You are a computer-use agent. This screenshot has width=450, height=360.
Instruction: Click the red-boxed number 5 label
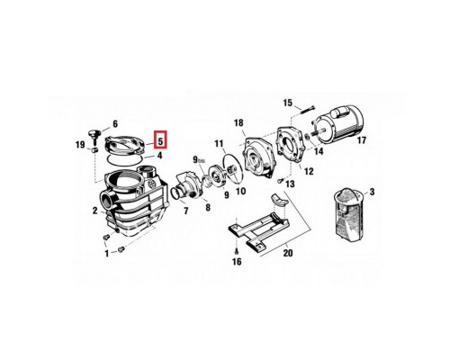point(160,140)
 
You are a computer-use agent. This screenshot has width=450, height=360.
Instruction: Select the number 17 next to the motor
point(362,140)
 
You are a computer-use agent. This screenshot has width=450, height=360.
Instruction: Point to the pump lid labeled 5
point(124,146)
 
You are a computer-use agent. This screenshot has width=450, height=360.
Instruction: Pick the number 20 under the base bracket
point(287,253)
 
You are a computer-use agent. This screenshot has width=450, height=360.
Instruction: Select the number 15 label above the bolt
point(287,103)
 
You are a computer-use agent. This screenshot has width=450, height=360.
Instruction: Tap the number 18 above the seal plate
point(238,122)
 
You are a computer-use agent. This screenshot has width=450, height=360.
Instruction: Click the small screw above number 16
point(237,250)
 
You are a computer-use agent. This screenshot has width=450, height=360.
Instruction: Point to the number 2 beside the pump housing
point(94,211)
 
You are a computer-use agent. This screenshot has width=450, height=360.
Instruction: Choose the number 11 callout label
point(219,144)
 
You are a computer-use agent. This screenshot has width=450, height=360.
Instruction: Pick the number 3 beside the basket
point(372,192)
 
